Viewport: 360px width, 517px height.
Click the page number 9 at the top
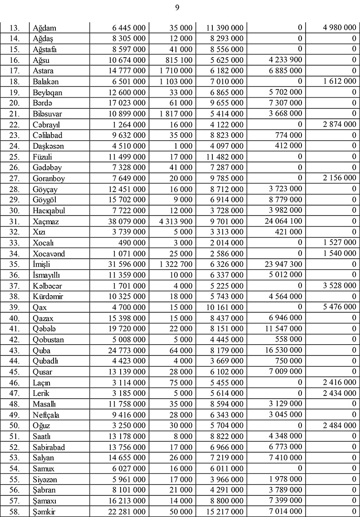point(180,7)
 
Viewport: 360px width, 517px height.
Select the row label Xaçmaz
point(46,221)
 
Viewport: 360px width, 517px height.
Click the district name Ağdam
point(45,28)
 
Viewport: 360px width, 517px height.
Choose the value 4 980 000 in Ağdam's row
point(337,28)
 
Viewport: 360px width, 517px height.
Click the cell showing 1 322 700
point(176,264)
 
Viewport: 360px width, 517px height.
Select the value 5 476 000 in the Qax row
point(337,307)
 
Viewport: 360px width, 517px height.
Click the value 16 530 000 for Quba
point(281,350)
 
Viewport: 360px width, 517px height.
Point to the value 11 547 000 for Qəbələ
point(281,329)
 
